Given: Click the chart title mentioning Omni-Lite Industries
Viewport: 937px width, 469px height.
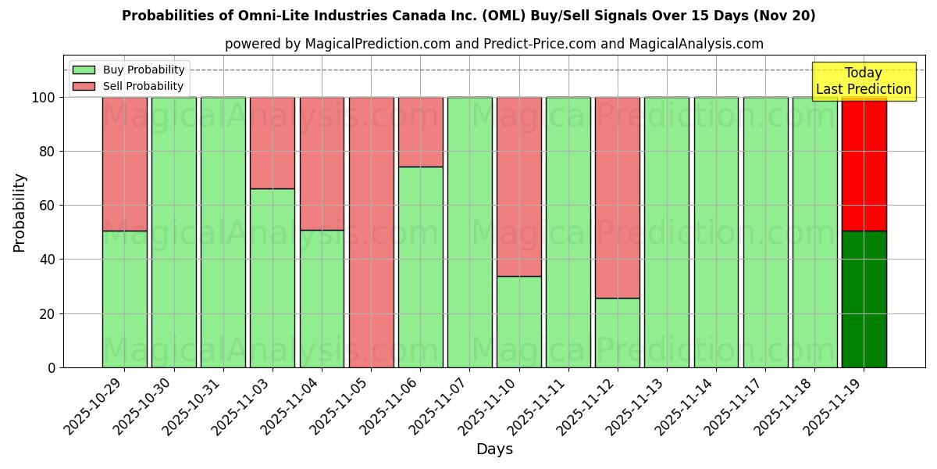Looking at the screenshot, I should (x=468, y=16).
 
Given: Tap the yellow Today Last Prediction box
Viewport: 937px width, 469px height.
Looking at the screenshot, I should (x=864, y=81).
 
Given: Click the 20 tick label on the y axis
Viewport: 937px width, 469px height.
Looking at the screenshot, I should (x=48, y=313).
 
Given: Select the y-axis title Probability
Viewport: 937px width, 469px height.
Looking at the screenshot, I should (x=20, y=213).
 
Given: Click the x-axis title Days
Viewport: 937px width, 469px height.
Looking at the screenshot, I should (x=494, y=449).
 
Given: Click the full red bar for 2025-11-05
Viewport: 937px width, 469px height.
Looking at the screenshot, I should (x=372, y=232).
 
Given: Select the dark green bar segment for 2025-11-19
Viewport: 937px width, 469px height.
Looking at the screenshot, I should (x=864, y=299).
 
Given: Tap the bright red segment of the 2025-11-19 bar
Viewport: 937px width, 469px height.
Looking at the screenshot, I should (x=864, y=164).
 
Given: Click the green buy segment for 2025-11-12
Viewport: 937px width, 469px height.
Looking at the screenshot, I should (x=618, y=332).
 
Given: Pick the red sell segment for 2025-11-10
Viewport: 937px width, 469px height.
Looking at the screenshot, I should (x=519, y=187).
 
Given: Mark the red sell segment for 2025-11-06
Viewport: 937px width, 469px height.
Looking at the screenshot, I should (x=421, y=132).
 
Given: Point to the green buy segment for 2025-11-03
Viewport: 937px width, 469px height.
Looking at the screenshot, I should (x=273, y=277).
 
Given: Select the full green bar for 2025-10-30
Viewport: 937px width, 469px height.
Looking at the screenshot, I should (x=174, y=232).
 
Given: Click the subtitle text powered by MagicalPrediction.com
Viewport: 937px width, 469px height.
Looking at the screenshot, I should (x=494, y=44).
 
